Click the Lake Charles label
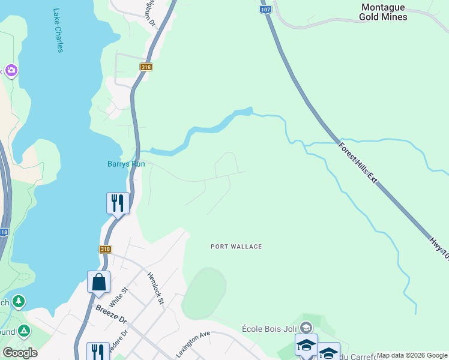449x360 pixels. point(58,30)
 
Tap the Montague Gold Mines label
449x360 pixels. point(383,12)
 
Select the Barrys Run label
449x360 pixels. point(126,164)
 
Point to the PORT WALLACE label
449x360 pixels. point(237,247)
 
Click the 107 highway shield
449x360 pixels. point(266,10)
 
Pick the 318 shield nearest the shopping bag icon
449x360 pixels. point(106,249)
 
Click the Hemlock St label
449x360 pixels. point(155,288)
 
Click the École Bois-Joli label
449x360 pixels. point(270,328)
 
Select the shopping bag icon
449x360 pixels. point(98,281)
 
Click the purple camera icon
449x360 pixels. point(11,71)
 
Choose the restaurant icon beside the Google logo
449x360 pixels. point(98,352)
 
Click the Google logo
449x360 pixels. point(20,353)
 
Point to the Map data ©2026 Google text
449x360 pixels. point(412,355)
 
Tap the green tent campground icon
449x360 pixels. point(23,331)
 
